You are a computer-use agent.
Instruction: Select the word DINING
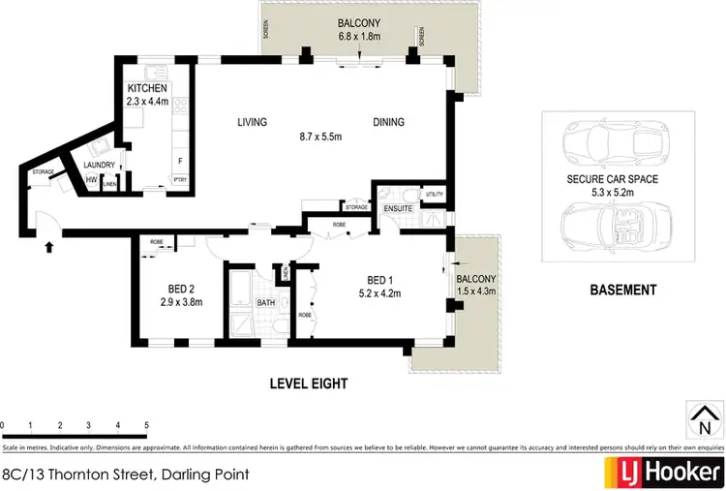(x=389, y=122)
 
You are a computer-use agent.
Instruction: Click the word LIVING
(x=254, y=122)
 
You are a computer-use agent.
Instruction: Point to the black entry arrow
(x=48, y=248)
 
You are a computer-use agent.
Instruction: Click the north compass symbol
(x=704, y=420)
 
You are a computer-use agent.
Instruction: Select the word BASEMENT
(x=622, y=290)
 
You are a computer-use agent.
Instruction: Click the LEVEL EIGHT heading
(x=308, y=384)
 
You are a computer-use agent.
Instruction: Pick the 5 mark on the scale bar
(x=146, y=425)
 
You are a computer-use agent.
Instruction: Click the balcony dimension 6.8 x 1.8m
(x=357, y=40)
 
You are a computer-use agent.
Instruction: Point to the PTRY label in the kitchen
(x=180, y=180)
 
